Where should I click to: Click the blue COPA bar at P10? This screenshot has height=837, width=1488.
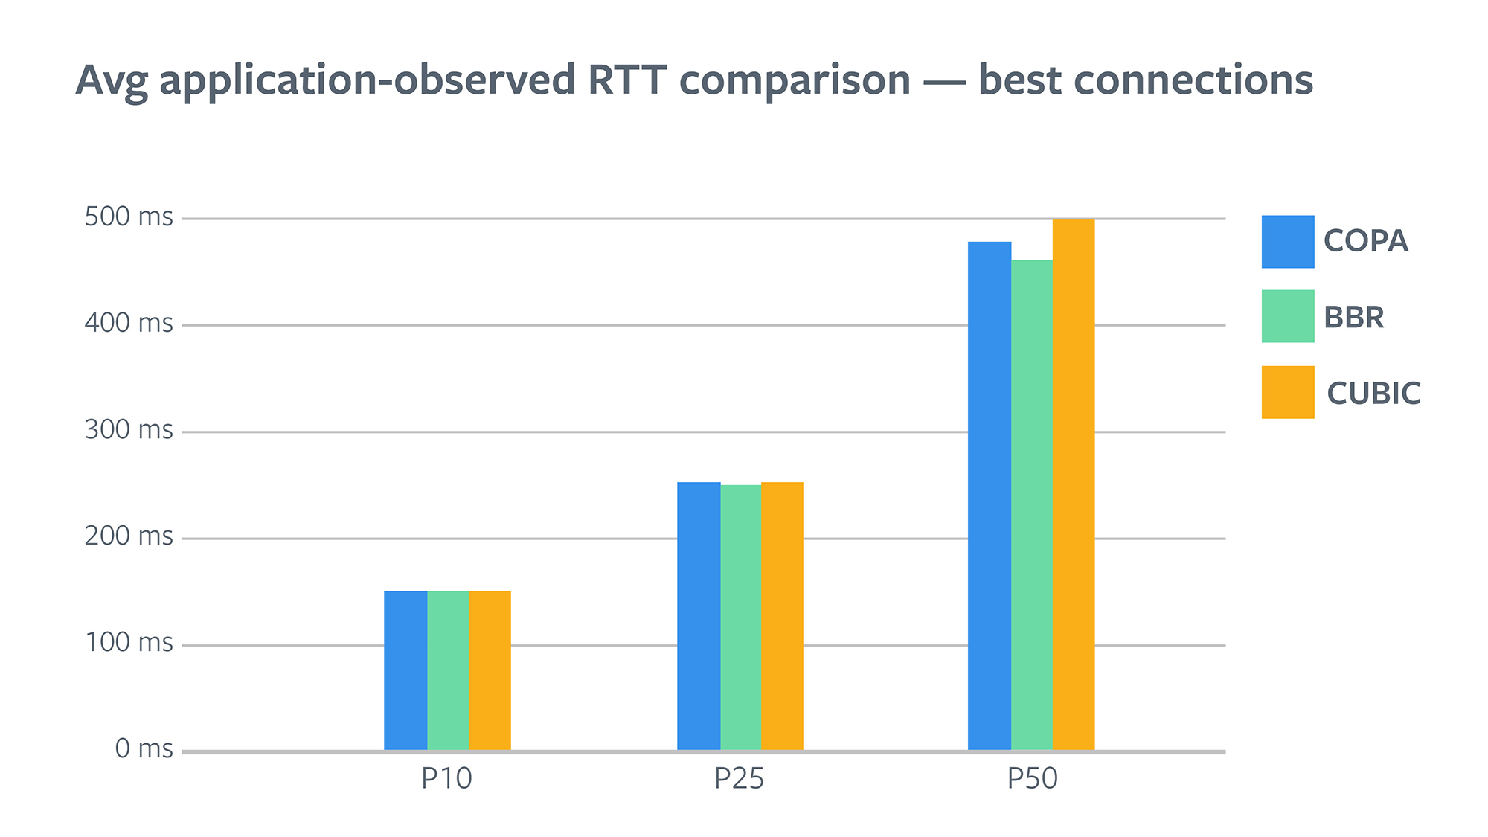click(x=405, y=670)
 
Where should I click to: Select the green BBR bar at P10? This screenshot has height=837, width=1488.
click(x=448, y=670)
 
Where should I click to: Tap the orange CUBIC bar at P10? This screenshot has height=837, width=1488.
click(x=490, y=670)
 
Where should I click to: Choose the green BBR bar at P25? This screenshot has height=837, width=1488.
click(x=741, y=618)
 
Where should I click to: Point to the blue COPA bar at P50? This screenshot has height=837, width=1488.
click(x=990, y=496)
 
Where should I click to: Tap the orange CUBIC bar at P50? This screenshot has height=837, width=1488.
click(x=1074, y=484)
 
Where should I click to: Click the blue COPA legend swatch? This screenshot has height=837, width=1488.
click(x=1288, y=242)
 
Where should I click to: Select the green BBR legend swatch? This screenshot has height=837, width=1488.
click(x=1288, y=316)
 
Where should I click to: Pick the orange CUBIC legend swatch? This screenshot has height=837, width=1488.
click(x=1288, y=392)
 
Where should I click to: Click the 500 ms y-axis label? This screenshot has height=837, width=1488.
click(x=129, y=217)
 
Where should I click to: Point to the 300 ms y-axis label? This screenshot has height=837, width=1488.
click(x=129, y=430)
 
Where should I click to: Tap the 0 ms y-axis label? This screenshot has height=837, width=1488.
click(x=144, y=748)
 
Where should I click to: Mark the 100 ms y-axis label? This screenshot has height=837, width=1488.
click(x=129, y=643)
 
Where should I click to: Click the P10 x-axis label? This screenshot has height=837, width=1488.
click(x=446, y=779)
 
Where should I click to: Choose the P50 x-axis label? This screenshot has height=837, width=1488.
click(x=1032, y=779)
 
